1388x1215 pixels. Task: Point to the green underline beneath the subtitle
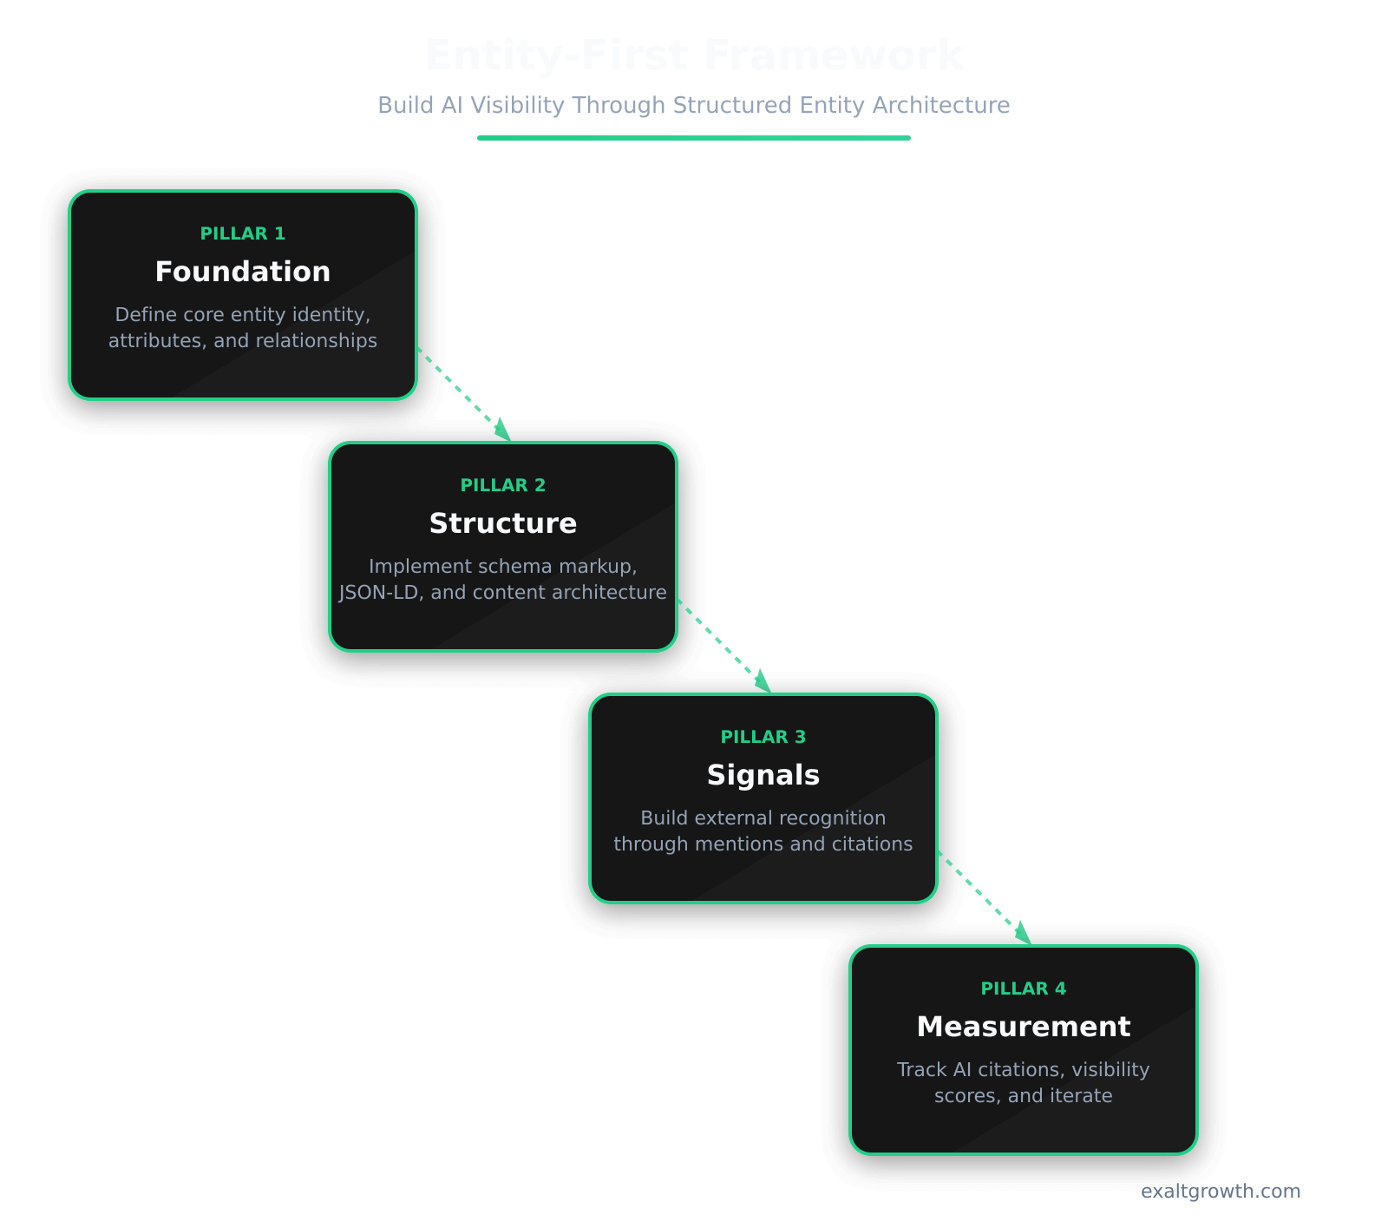(x=694, y=137)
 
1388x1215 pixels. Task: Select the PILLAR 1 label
(x=243, y=233)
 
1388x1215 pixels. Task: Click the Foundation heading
(x=243, y=272)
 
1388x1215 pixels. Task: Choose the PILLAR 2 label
(x=503, y=485)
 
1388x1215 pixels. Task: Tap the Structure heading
(x=503, y=523)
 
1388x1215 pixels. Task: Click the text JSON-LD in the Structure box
(x=378, y=592)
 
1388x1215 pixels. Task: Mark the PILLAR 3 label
(x=763, y=737)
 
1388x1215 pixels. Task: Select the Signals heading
(x=763, y=775)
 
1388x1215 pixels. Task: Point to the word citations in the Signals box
(x=872, y=844)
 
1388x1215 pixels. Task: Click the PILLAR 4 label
(x=1024, y=988)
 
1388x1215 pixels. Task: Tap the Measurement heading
(x=1024, y=1027)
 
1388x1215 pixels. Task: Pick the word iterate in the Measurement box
(x=1081, y=1095)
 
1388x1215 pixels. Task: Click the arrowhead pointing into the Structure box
(x=503, y=431)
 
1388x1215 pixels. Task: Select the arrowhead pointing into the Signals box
(x=763, y=683)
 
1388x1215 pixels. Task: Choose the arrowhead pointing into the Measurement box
(x=1024, y=935)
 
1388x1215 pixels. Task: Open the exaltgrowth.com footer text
(x=1221, y=1191)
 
